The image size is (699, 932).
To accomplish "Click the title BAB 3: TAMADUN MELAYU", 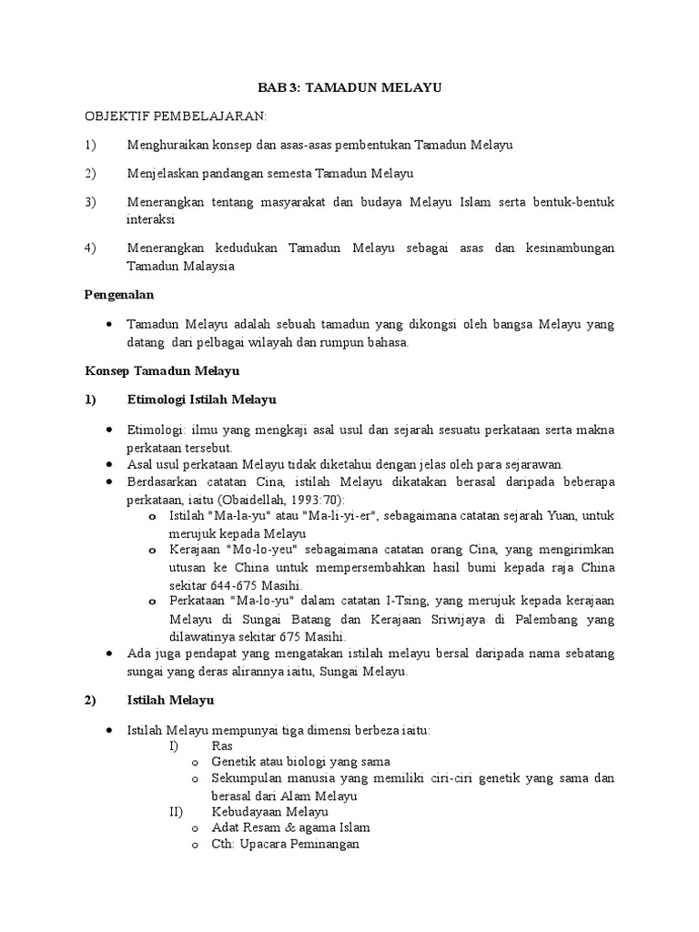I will click(350, 88).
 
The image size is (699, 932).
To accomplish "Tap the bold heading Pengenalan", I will click(120, 295).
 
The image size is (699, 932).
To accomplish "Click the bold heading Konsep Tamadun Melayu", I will click(162, 371).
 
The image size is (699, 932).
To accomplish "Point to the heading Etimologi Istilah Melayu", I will click(201, 400).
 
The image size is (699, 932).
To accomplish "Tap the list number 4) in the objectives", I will click(90, 248).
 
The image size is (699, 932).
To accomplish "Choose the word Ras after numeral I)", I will click(221, 744).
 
